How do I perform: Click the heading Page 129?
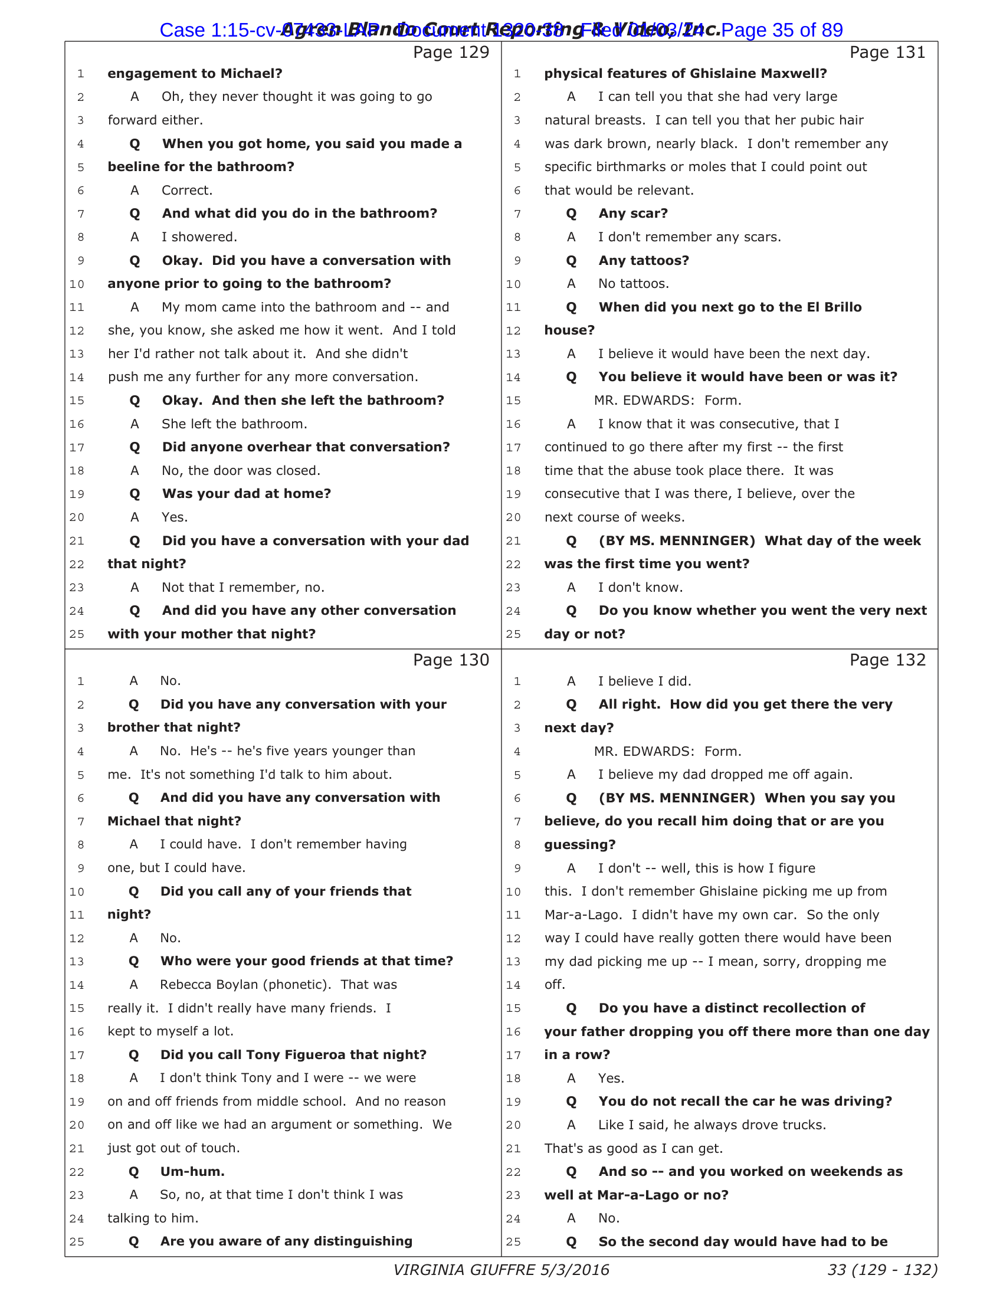[451, 53]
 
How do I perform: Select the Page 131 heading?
[887, 53]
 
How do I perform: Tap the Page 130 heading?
[451, 660]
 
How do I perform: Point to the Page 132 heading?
[887, 660]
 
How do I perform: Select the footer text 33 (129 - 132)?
[883, 1270]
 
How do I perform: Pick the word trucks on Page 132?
[802, 1125]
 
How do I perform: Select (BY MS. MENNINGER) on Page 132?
[677, 798]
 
